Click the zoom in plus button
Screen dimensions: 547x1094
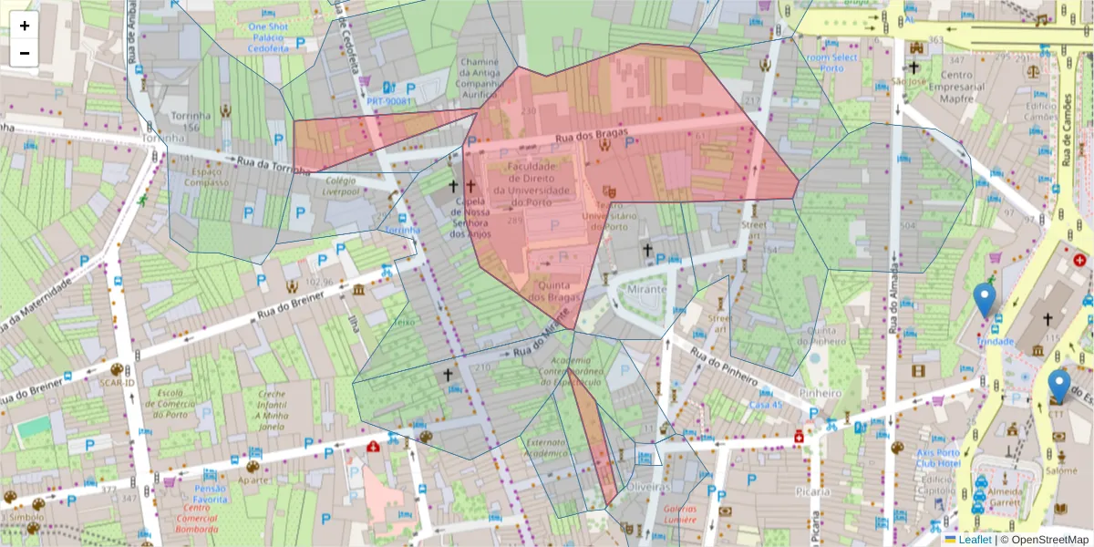[x=25, y=26]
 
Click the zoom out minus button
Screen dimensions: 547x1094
[x=25, y=53]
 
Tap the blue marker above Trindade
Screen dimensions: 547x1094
[x=984, y=299]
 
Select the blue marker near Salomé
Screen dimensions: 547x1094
[x=1058, y=386]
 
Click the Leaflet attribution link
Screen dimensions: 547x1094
[x=974, y=540]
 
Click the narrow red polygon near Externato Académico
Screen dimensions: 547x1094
[x=594, y=438]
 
